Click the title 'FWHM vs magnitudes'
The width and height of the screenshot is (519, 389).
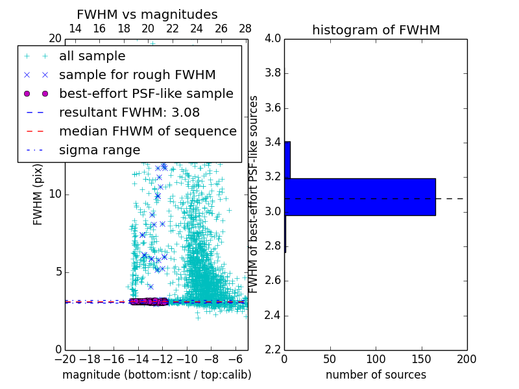[147, 14]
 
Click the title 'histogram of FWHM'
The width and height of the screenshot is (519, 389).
[376, 30]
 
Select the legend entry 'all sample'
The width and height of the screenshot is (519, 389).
[92, 56]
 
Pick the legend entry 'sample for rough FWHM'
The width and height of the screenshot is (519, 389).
[137, 75]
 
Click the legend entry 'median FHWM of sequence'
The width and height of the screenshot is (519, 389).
[147, 131]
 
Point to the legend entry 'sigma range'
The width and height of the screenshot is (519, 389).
[99, 150]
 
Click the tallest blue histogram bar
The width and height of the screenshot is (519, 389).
[360, 196]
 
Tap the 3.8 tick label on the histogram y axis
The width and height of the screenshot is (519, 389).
[272, 73]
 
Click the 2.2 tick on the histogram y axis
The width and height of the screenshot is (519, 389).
[272, 350]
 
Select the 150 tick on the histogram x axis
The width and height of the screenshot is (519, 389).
[421, 359]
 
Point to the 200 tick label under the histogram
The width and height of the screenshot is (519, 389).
[466, 359]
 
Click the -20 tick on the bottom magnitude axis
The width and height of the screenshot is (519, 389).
[65, 359]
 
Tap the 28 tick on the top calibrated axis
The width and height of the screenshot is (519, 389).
[245, 29]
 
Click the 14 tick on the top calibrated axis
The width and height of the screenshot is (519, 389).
[75, 29]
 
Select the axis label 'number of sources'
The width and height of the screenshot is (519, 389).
[376, 375]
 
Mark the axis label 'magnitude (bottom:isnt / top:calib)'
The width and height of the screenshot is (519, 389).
[156, 375]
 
